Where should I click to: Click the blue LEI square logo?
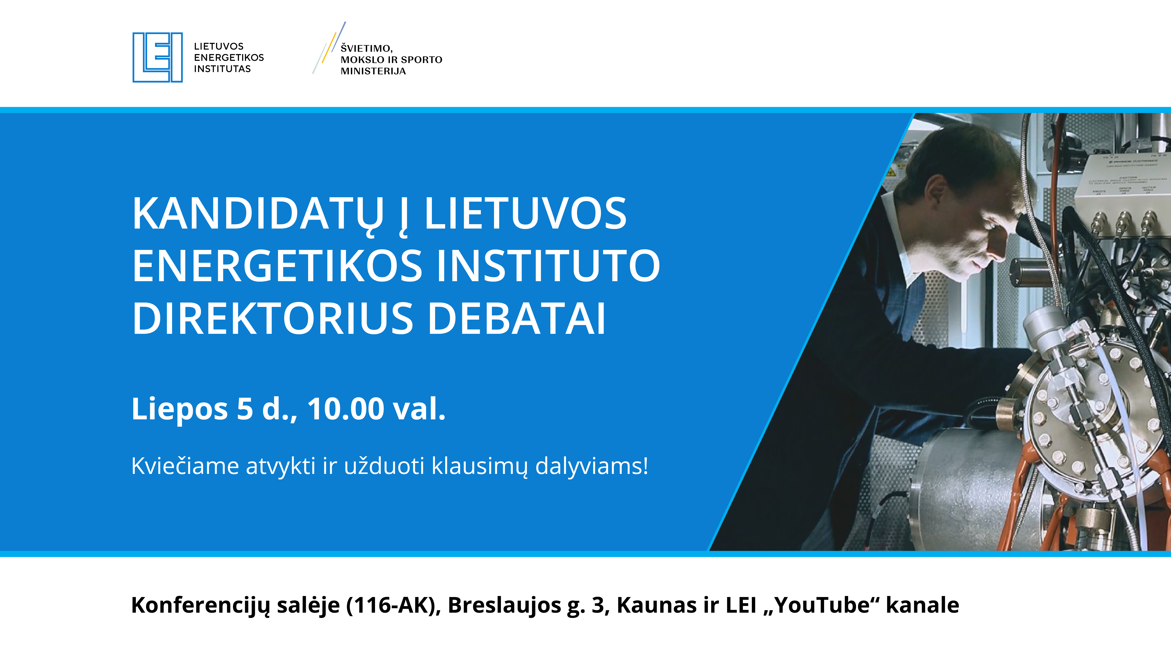click(x=157, y=57)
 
